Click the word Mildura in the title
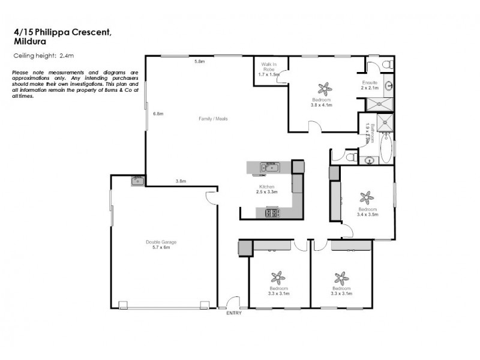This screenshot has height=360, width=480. [30, 42]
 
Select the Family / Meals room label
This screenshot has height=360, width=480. [213, 119]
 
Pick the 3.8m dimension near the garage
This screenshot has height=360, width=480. [181, 181]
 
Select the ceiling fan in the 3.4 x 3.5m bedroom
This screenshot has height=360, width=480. [367, 197]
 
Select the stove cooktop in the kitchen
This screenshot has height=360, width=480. [271, 212]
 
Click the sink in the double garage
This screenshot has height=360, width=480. [137, 180]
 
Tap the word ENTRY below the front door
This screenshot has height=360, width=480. [233, 314]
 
